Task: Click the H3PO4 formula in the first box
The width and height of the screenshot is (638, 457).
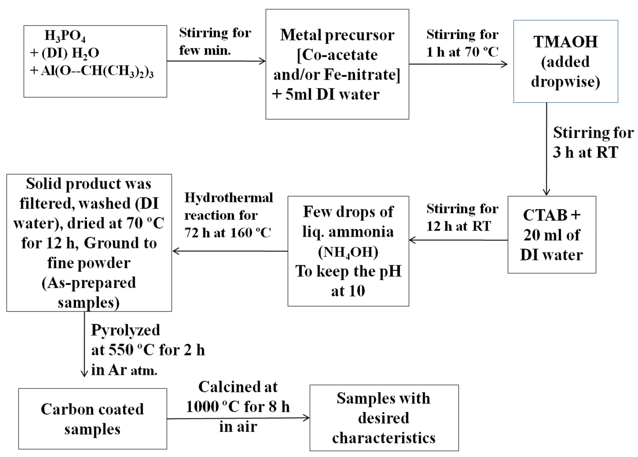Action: (65, 36)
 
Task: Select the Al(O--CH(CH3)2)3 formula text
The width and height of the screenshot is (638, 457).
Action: (97, 71)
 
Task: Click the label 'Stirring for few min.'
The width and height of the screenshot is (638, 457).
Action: (215, 42)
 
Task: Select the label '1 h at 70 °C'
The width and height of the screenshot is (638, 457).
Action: (462, 52)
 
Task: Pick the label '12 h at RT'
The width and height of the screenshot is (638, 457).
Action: (458, 226)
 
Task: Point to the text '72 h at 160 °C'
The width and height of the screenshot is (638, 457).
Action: (227, 233)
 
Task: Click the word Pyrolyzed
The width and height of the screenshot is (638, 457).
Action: (125, 330)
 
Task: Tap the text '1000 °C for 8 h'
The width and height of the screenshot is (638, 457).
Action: (238, 407)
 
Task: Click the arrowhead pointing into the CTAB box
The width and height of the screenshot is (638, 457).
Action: (546, 193)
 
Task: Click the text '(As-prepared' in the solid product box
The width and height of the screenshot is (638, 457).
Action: (89, 283)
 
